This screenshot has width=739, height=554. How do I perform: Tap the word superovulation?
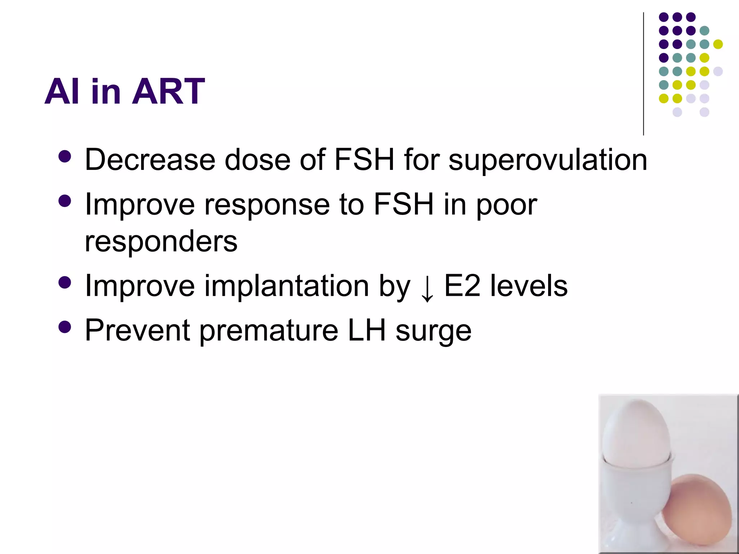pyautogui.click(x=547, y=160)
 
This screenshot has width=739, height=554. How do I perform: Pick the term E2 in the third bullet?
pyautogui.click(x=462, y=286)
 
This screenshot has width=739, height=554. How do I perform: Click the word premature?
pyautogui.click(x=268, y=331)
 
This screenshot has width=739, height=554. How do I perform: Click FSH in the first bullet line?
pyautogui.click(x=364, y=159)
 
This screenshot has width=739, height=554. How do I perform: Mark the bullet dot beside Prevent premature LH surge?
pyautogui.click(x=65, y=327)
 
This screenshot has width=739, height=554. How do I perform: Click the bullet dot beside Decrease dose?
pyautogui.click(x=65, y=157)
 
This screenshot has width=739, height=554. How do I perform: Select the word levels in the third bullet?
pyautogui.click(x=529, y=286)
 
